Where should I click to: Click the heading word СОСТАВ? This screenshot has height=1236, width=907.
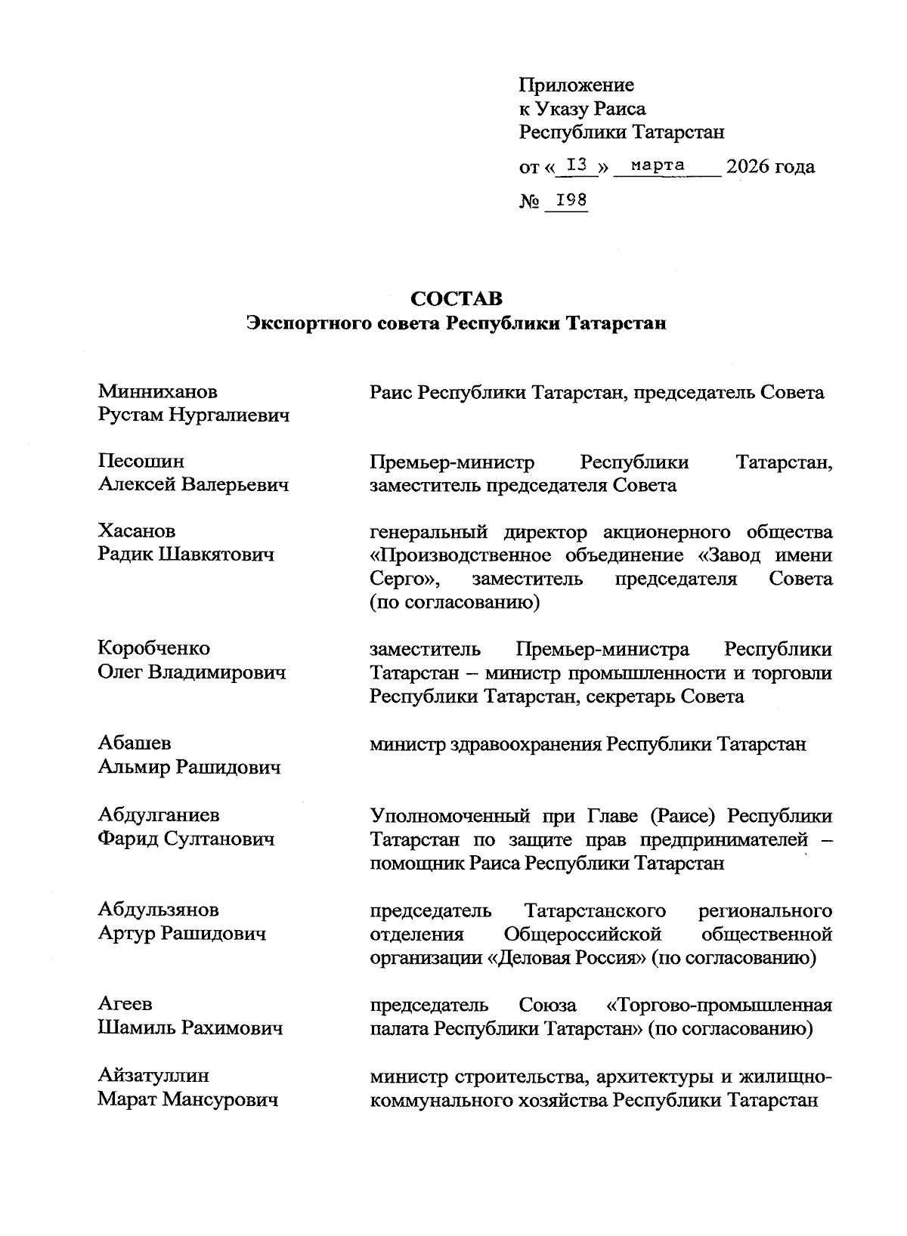click(x=457, y=299)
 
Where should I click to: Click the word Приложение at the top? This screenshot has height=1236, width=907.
click(x=576, y=85)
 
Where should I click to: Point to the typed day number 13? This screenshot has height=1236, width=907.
click(x=577, y=165)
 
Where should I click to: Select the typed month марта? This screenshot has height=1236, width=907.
click(x=658, y=165)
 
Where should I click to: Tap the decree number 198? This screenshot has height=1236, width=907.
click(x=571, y=200)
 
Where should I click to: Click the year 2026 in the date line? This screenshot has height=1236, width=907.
click(x=748, y=166)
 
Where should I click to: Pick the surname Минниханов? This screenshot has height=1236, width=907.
click(x=158, y=391)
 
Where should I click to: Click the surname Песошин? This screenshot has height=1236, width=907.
click(x=141, y=462)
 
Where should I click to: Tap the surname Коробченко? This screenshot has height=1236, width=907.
click(x=154, y=648)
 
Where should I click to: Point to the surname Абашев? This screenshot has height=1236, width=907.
click(x=134, y=743)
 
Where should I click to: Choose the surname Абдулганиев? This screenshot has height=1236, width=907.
click(x=159, y=814)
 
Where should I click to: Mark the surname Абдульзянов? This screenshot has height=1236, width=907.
click(x=159, y=910)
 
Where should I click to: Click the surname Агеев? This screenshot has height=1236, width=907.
click(x=125, y=1004)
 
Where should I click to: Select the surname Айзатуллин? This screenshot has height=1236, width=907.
click(x=153, y=1075)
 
